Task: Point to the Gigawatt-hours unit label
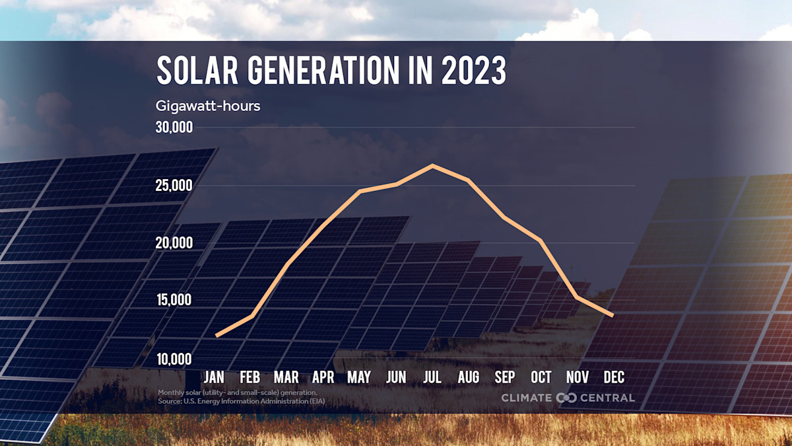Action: point(208,106)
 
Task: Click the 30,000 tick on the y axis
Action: point(174,128)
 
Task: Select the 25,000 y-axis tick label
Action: point(174,186)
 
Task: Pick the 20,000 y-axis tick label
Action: point(174,243)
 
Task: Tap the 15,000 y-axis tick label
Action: point(174,301)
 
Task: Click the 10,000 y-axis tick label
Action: point(174,359)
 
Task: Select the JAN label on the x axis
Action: point(214,377)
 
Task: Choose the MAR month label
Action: point(286,377)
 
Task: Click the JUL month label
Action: point(432,377)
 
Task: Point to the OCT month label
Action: point(541,377)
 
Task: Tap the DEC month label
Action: point(614,377)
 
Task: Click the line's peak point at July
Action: point(432,165)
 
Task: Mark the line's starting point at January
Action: point(217,336)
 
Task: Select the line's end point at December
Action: point(612,315)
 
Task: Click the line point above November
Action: point(577,297)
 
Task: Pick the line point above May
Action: point(360,191)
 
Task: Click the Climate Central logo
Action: point(568,397)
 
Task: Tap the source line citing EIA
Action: point(241,401)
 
